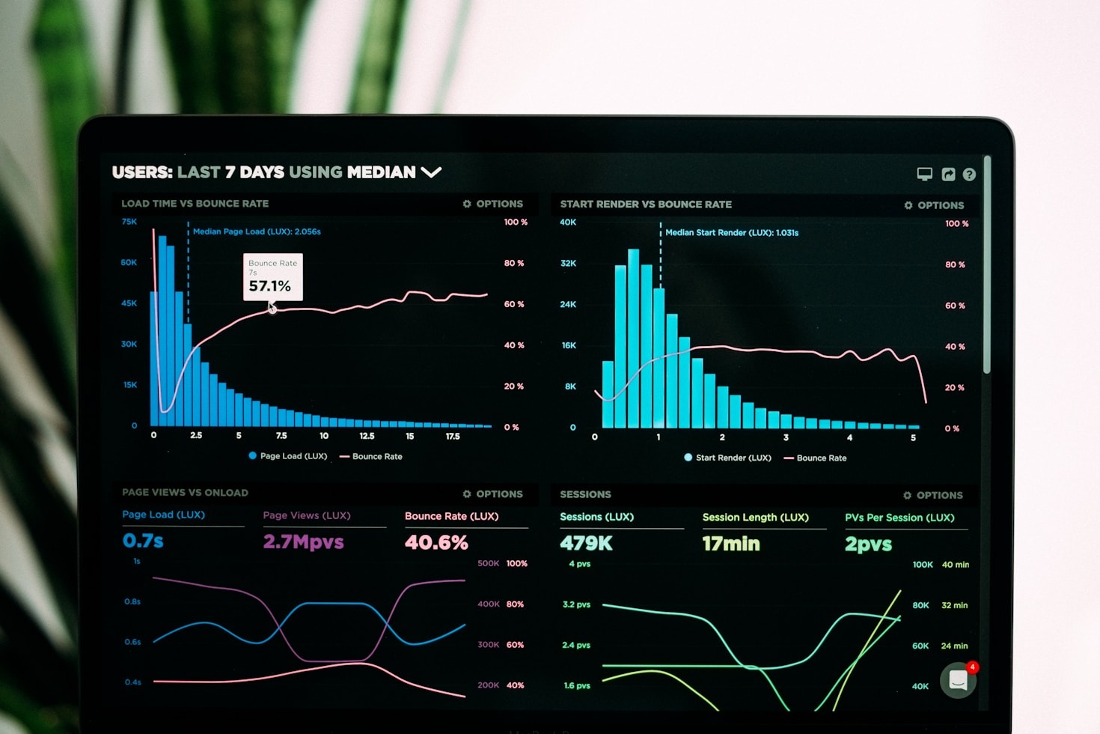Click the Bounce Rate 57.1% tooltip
click(x=272, y=277)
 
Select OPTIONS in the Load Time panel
click(x=493, y=204)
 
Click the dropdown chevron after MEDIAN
click(x=431, y=172)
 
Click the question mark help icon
click(x=969, y=175)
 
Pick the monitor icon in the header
click(x=925, y=175)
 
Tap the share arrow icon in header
click(x=948, y=175)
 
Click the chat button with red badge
click(x=959, y=680)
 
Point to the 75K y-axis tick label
click(x=129, y=222)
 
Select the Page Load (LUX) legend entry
click(x=288, y=456)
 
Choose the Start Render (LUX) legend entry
click(x=727, y=458)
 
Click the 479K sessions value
click(x=586, y=544)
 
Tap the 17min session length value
click(x=730, y=544)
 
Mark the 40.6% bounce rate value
click(x=436, y=542)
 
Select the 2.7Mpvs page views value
click(x=303, y=542)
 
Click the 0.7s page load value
click(x=143, y=541)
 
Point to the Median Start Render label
click(x=731, y=233)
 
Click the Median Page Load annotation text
click(x=257, y=231)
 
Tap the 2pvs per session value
click(x=868, y=545)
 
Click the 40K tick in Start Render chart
click(x=568, y=222)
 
